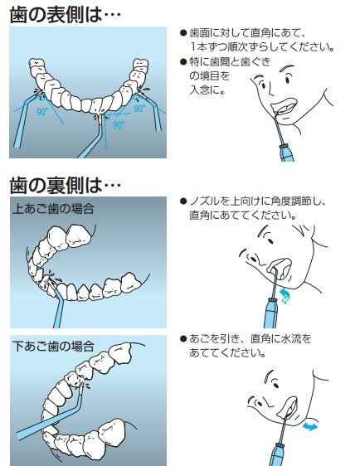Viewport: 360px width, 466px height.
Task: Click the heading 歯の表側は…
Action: click(x=65, y=15)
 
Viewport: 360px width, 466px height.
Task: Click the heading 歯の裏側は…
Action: click(x=65, y=186)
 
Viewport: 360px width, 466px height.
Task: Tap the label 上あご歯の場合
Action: click(x=53, y=209)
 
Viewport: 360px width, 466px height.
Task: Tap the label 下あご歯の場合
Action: click(x=53, y=347)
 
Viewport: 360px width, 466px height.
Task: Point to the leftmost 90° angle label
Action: click(x=42, y=112)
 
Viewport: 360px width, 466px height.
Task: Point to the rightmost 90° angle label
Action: click(x=139, y=109)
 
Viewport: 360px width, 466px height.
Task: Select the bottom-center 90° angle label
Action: click(x=119, y=125)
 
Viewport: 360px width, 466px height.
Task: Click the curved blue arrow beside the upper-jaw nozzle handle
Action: click(x=285, y=296)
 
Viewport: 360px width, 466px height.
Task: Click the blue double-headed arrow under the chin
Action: click(x=310, y=427)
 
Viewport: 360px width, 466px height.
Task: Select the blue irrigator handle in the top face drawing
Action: click(x=287, y=153)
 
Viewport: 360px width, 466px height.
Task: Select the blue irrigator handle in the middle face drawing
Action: click(x=270, y=313)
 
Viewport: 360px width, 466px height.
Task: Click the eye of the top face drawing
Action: click(x=288, y=80)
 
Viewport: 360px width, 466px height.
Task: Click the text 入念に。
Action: click(x=207, y=90)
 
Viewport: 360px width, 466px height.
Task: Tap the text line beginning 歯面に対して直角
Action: click(x=247, y=32)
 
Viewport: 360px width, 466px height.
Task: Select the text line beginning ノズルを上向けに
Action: click(x=258, y=201)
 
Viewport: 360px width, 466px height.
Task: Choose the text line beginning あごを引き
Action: click(x=251, y=338)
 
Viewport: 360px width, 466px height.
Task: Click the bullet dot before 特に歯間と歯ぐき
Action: click(x=183, y=62)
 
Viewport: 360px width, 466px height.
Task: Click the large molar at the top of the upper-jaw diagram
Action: click(x=79, y=236)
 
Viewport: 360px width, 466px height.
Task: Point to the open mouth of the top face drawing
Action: click(x=284, y=107)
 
